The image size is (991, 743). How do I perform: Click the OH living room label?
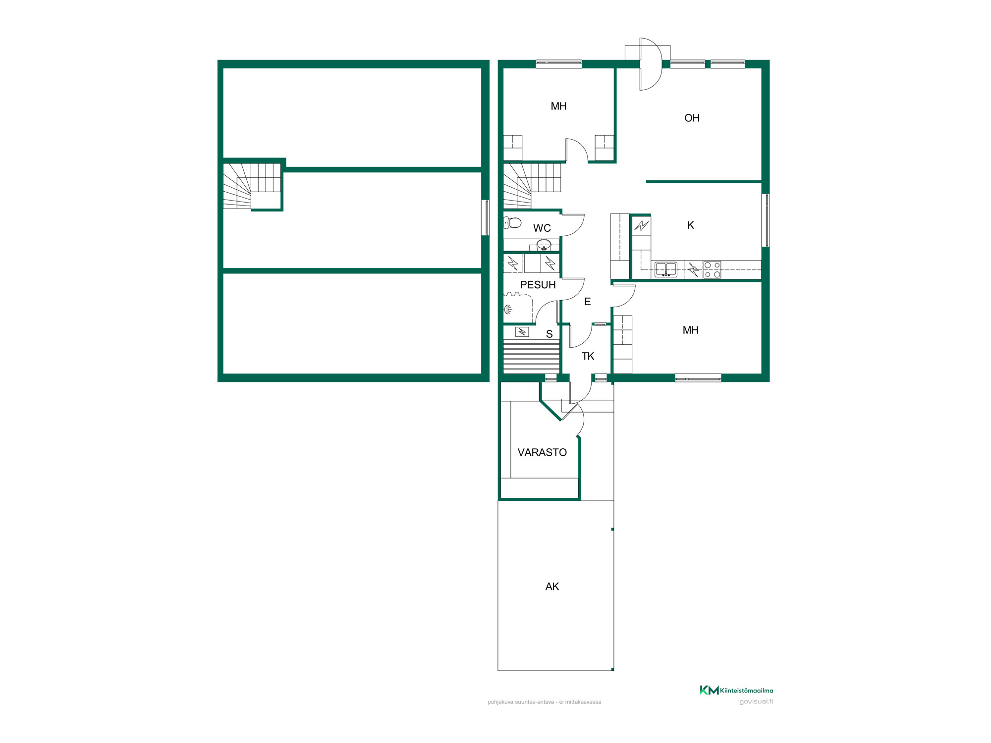coord(692,118)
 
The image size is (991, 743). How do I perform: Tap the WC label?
coord(542,228)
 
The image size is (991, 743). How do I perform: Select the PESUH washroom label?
coord(538,285)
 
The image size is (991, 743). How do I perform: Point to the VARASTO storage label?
coord(542,452)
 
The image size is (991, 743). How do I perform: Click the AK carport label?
coord(552,586)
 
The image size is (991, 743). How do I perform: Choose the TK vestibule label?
coord(588,356)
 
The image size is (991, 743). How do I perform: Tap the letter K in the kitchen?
coord(691,225)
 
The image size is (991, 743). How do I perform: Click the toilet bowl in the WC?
coord(513,223)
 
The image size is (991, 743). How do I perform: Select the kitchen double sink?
coord(666,270)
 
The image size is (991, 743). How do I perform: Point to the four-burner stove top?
coord(712,270)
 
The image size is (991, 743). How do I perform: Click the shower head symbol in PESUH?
coord(508,310)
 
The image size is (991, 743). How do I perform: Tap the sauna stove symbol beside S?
coord(522,332)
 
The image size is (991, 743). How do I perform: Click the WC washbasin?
coord(544,245)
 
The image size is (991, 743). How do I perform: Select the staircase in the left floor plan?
coord(252,186)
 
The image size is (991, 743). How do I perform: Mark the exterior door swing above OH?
coord(651,64)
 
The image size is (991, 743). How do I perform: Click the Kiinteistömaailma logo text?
coord(746,690)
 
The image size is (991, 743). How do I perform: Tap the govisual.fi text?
coord(756,701)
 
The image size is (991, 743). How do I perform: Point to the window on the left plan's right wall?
coord(486,217)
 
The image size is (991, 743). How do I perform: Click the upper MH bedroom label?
coord(558,106)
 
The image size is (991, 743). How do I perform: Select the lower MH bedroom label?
coord(690,330)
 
